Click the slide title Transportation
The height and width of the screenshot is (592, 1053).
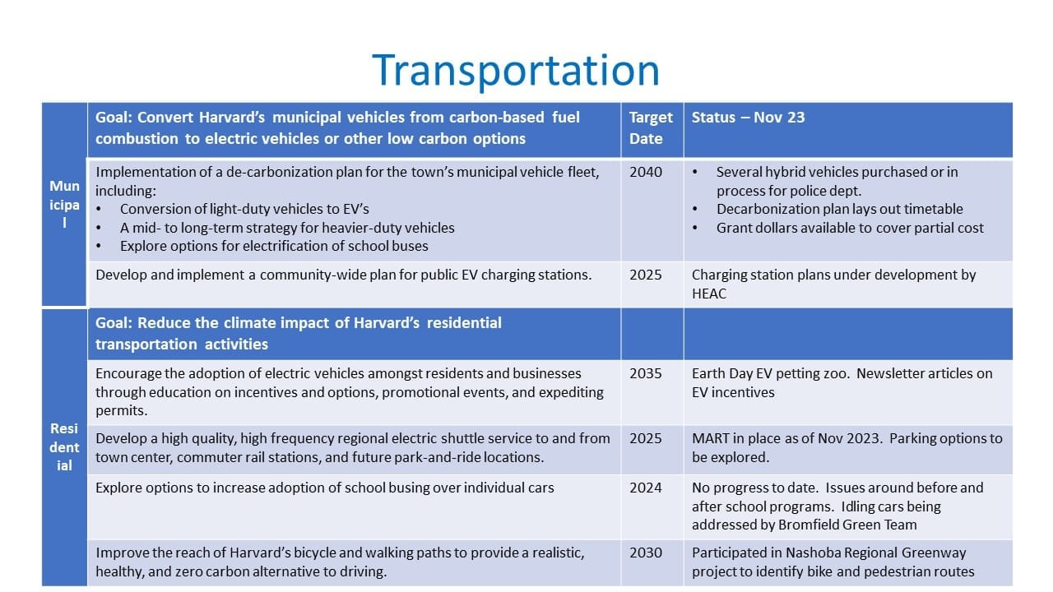pyautogui.click(x=515, y=70)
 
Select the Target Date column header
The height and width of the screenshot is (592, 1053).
pyautogui.click(x=651, y=128)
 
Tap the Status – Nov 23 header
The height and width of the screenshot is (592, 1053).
pyautogui.click(x=748, y=118)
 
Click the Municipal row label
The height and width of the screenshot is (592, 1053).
pyautogui.click(x=64, y=205)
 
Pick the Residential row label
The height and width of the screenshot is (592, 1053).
pyautogui.click(x=64, y=446)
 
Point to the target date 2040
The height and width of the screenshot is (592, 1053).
pyautogui.click(x=646, y=173)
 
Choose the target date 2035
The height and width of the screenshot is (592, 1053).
pyautogui.click(x=646, y=373)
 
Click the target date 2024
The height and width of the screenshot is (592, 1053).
pyautogui.click(x=646, y=488)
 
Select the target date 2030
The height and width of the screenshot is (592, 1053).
pyautogui.click(x=646, y=553)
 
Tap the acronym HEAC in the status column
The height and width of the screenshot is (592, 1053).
pyautogui.click(x=709, y=294)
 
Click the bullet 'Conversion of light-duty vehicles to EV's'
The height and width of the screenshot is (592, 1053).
pyautogui.click(x=244, y=209)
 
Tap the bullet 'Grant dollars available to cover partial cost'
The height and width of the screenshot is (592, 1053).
pyautogui.click(x=850, y=228)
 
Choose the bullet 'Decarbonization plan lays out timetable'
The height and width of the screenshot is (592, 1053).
pyautogui.click(x=839, y=209)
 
